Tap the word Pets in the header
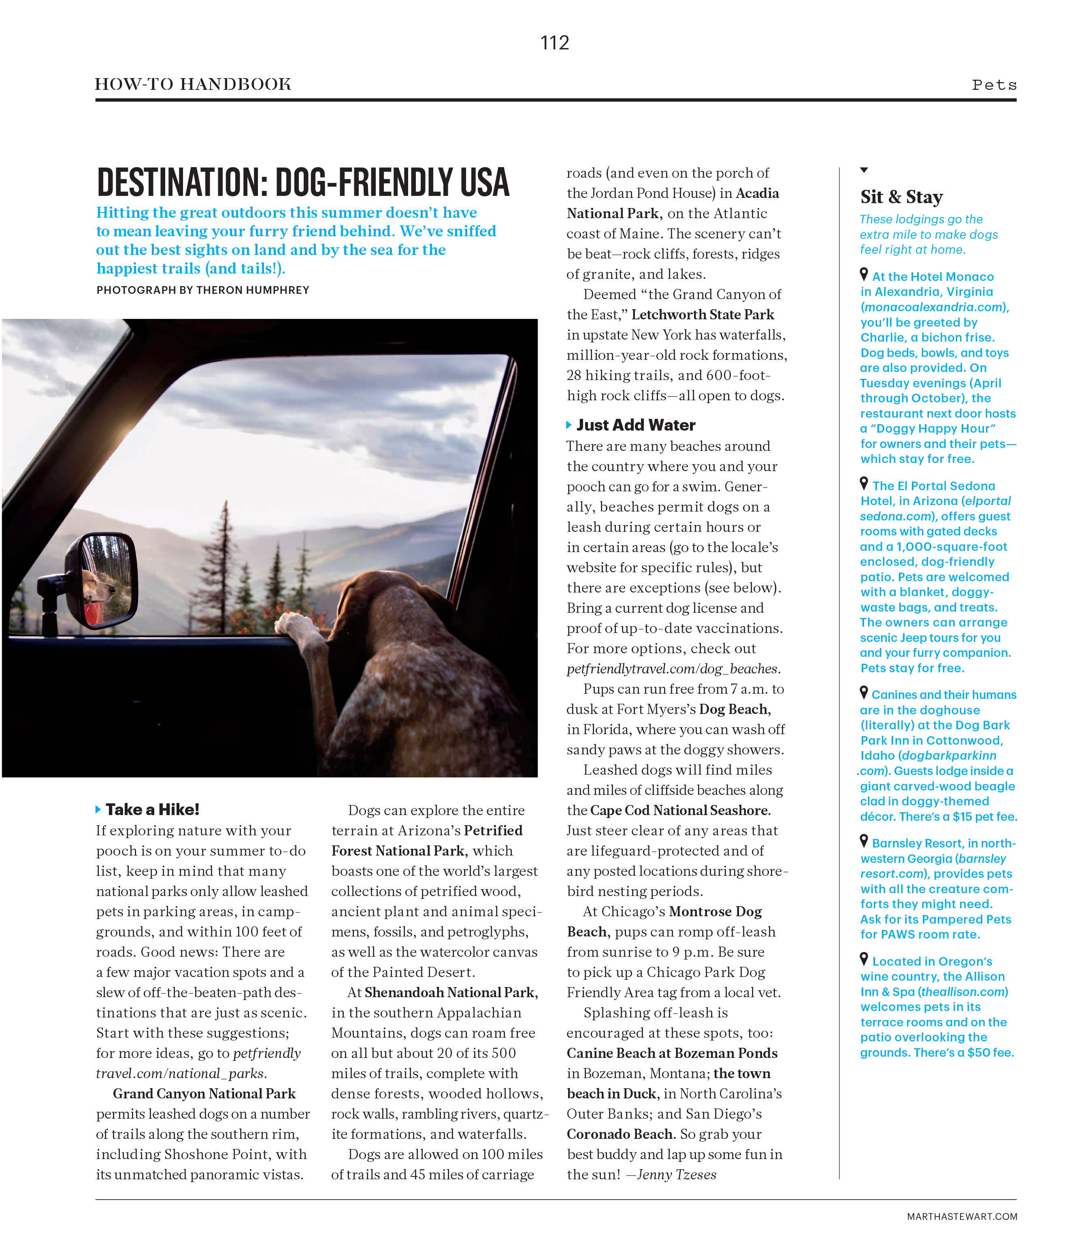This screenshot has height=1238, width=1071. [x=994, y=85]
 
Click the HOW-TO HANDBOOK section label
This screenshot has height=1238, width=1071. [x=193, y=84]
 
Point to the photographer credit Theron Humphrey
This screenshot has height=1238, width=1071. [x=253, y=291]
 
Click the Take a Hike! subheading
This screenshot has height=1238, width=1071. [x=152, y=809]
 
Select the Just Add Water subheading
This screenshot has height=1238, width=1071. [x=635, y=425]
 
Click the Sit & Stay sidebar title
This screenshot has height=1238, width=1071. [x=901, y=197]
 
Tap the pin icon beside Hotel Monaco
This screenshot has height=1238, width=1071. [x=864, y=274]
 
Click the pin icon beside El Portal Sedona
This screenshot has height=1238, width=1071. [x=864, y=483]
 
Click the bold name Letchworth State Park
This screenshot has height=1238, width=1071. [x=702, y=315]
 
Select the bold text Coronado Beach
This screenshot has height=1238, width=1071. [x=621, y=1134]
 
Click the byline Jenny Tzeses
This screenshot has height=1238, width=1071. [x=677, y=1175]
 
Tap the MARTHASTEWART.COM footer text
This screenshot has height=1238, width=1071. [x=962, y=1217]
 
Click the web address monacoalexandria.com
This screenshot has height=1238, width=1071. [x=934, y=307]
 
